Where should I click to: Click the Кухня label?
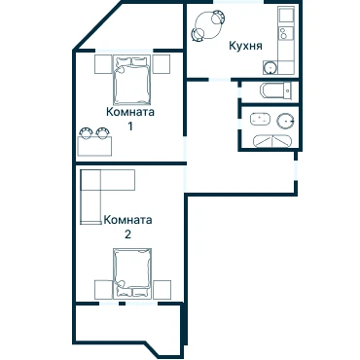click(245, 46)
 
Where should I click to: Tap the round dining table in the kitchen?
click(206, 25)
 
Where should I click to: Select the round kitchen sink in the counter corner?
click(270, 67)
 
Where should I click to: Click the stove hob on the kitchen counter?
click(286, 32)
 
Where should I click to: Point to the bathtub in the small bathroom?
click(277, 91)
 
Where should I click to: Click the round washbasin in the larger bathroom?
click(285, 121)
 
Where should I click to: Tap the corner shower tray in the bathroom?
click(272, 141)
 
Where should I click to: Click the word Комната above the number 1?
click(130, 112)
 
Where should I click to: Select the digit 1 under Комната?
click(130, 126)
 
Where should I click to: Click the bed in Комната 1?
click(131, 80)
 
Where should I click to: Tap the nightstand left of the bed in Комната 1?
click(103, 64)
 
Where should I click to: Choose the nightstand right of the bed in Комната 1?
click(162, 64)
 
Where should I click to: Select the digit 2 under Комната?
click(127, 234)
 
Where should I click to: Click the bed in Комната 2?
click(132, 272)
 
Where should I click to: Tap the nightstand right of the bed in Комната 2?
click(162, 290)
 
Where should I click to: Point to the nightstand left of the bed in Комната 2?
click(103, 290)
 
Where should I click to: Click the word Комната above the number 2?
click(127, 220)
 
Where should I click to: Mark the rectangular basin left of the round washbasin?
click(260, 119)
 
